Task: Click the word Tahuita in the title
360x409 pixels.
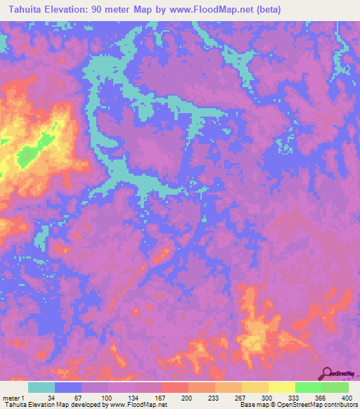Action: (x=22, y=9)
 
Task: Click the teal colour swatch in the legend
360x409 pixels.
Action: (x=42, y=388)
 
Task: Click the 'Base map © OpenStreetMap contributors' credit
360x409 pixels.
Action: (x=298, y=404)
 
